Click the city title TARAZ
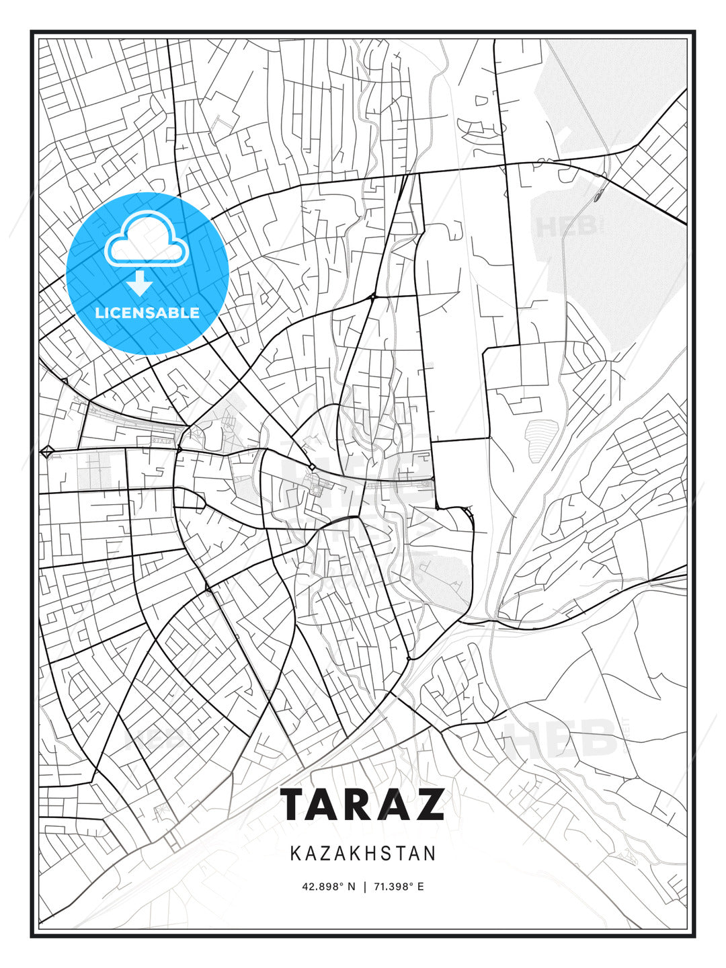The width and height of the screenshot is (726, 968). (x=362, y=804)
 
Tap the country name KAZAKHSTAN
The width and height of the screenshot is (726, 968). (x=363, y=854)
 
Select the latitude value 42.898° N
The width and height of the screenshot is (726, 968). (x=328, y=887)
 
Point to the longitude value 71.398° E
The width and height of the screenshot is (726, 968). (x=397, y=887)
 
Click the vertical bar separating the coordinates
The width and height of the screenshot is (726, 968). (x=363, y=887)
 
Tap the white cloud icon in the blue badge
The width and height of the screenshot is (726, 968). (x=145, y=241)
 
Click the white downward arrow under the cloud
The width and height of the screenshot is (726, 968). (x=140, y=283)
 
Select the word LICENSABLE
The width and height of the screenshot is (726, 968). (x=147, y=313)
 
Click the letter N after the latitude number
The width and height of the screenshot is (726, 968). (x=350, y=887)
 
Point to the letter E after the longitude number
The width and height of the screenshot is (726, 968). (x=421, y=887)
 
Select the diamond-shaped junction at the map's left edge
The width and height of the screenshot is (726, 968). (x=47, y=452)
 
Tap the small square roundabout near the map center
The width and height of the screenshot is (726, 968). (x=312, y=467)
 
